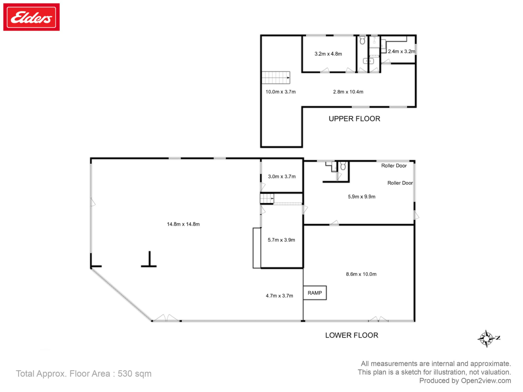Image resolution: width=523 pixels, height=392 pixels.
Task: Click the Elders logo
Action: click(x=31, y=17)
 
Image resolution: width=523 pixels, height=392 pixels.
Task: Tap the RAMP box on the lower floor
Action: click(x=315, y=293)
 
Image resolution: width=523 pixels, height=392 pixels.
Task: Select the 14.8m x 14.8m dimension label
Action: click(x=183, y=224)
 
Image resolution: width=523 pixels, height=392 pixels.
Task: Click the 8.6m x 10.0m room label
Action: click(x=361, y=274)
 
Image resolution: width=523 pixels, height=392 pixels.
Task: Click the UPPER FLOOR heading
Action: click(x=354, y=118)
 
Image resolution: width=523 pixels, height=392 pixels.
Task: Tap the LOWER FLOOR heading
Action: click(x=352, y=335)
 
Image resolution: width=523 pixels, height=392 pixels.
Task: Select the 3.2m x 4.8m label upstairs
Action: click(x=328, y=54)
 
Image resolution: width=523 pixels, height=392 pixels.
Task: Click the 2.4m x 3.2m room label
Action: click(x=401, y=52)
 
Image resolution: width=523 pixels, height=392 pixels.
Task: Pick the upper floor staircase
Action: click(x=276, y=78)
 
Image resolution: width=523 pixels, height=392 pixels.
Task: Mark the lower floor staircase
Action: click(x=267, y=199)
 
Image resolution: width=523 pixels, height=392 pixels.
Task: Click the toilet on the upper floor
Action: click(x=362, y=40)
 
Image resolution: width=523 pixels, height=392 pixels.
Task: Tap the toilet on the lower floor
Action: click(x=343, y=166)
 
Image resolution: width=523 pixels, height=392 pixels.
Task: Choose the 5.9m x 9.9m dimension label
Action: click(x=362, y=197)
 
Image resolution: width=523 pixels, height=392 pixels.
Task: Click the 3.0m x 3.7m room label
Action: click(x=282, y=176)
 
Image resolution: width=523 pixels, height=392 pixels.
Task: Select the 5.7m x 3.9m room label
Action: click(x=281, y=240)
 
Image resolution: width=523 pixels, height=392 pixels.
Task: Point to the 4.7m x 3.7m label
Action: click(x=279, y=296)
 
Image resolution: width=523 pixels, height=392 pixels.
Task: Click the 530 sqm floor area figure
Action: click(x=134, y=373)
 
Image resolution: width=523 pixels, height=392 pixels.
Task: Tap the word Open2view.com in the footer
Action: click(x=486, y=380)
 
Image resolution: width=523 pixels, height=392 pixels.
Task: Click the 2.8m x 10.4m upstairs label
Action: click(x=348, y=91)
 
